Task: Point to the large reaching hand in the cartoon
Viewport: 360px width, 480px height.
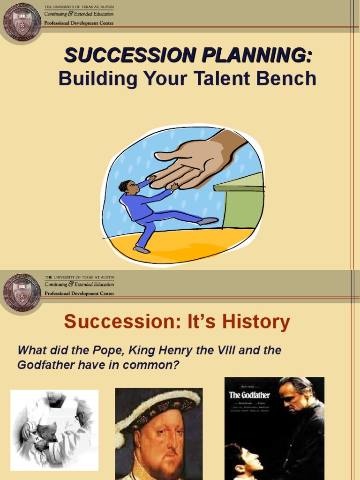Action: [197, 162]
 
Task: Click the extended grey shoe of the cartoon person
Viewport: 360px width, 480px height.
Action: [208, 221]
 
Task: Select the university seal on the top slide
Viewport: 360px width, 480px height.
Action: [22, 21]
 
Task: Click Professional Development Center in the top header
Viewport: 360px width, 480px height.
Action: [79, 22]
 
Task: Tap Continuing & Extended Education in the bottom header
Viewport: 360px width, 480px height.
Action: [79, 285]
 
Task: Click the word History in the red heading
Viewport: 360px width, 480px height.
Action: [256, 322]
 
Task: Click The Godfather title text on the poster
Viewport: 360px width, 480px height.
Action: [249, 395]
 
